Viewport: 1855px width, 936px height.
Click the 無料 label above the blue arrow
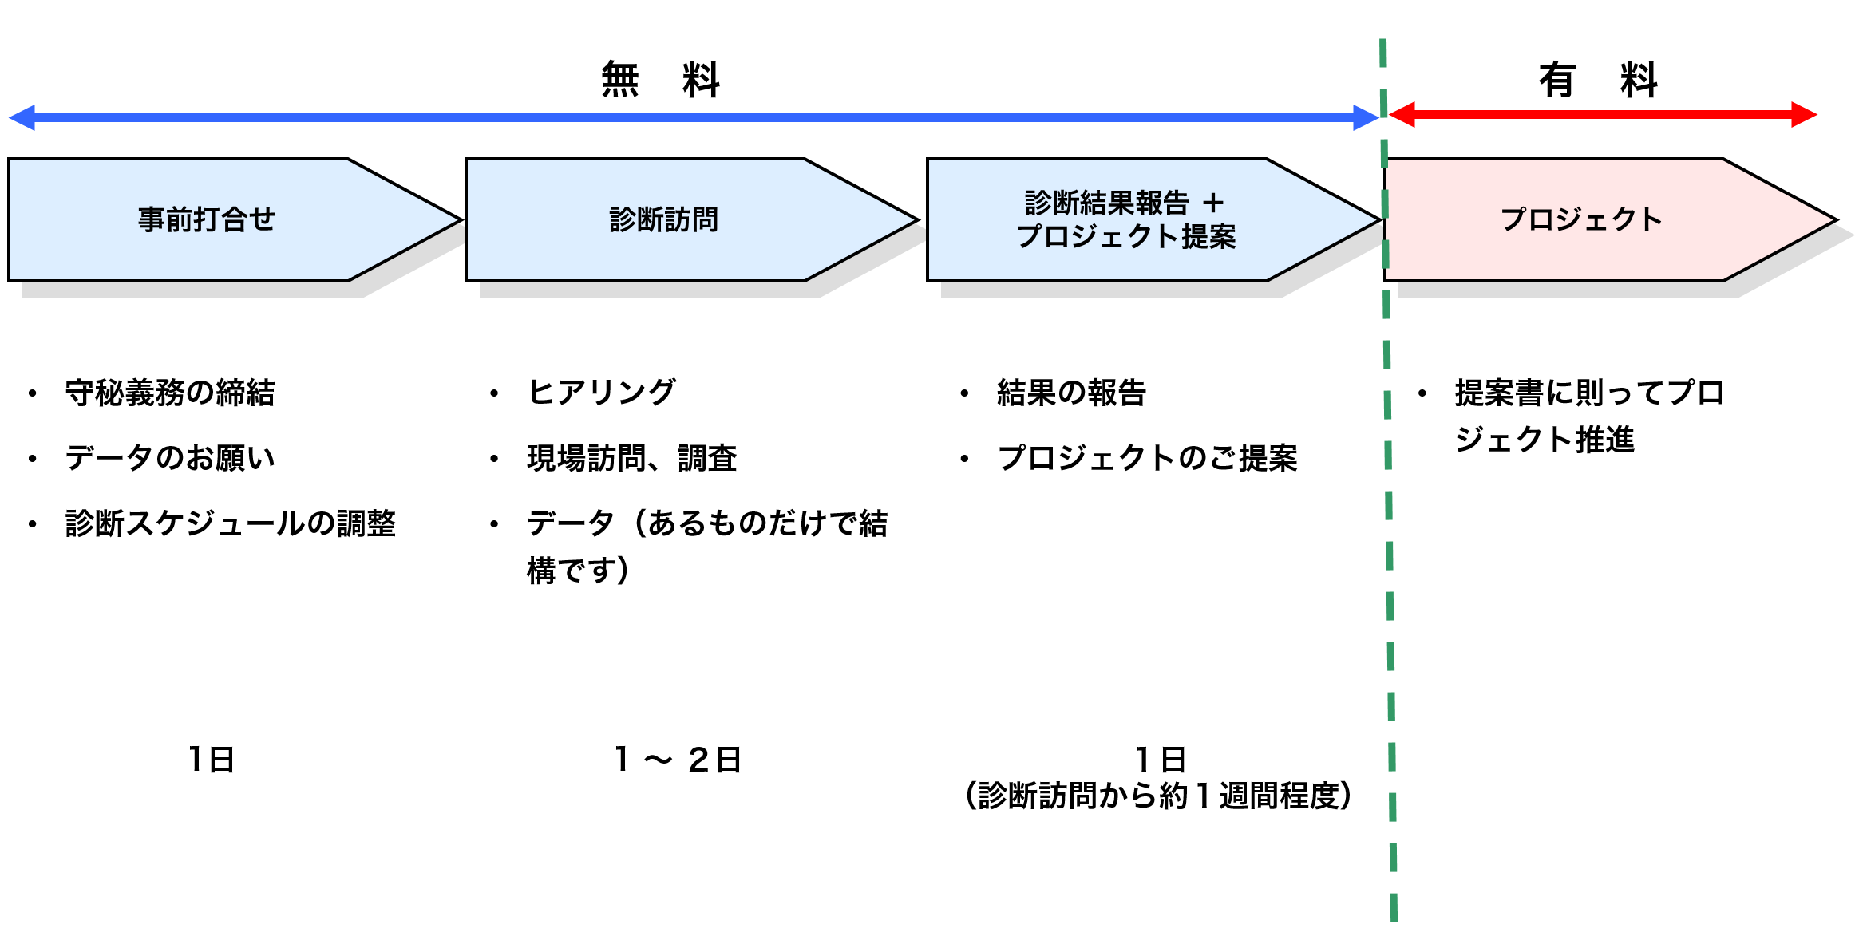click(x=660, y=80)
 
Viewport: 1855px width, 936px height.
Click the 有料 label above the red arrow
click(x=1598, y=80)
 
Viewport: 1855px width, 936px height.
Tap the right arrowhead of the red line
click(x=1803, y=114)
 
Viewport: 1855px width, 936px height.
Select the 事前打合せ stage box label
click(x=207, y=219)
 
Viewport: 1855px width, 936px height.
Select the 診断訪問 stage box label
click(x=664, y=219)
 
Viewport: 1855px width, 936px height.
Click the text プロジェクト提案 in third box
click(x=1125, y=237)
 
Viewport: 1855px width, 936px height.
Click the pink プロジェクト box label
click(x=1581, y=219)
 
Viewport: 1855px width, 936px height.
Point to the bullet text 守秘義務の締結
click(x=170, y=393)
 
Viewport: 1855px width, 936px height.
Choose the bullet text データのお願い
click(x=170, y=458)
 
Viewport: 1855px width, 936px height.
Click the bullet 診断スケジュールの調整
click(x=231, y=523)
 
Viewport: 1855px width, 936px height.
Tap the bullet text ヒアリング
click(x=602, y=393)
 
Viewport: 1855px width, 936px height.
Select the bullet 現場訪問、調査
click(x=632, y=458)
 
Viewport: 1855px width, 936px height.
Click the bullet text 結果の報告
click(x=1071, y=393)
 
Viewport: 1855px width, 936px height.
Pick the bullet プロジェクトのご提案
click(x=1147, y=458)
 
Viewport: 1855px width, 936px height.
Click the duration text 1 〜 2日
click(x=678, y=760)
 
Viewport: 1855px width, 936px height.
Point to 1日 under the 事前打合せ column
click(x=211, y=760)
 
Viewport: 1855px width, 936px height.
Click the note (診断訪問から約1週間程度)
click(x=1158, y=796)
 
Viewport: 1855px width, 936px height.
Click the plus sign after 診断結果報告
click(x=1213, y=203)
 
